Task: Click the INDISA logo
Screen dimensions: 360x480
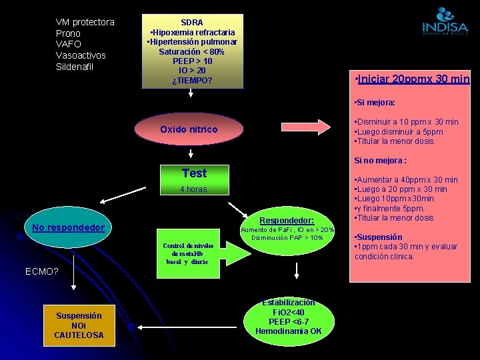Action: tap(445, 21)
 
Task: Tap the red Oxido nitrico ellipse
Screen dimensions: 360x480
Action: tap(189, 129)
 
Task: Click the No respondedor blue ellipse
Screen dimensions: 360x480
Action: tap(69, 228)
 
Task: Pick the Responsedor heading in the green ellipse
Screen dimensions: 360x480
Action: tap(287, 220)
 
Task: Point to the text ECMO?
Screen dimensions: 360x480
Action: tap(42, 271)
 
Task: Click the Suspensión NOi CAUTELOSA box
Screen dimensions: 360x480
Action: tap(79, 325)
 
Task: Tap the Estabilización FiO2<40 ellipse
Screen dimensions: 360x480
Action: tap(288, 317)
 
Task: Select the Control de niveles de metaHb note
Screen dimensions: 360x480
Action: tap(187, 253)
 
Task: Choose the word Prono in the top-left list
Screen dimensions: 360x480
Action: tap(68, 33)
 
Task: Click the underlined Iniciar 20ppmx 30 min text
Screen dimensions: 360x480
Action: tap(413, 79)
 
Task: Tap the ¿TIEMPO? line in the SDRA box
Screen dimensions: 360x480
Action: tap(192, 81)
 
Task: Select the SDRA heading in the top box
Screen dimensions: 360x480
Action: tap(192, 22)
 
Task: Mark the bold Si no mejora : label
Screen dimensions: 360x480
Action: tap(381, 161)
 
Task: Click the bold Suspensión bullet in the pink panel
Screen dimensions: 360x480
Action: tap(379, 237)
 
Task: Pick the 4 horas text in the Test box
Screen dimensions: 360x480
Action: tap(193, 189)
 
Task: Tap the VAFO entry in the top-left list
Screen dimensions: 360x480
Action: tap(68, 44)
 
